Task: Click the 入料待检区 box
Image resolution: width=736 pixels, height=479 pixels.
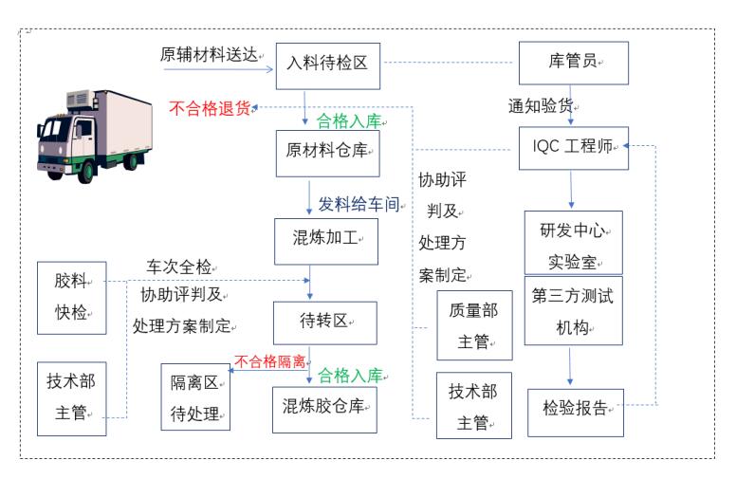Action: (x=327, y=66)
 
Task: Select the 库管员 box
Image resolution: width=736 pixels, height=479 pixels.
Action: (x=574, y=63)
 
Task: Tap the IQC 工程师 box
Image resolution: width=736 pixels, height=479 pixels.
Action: (x=574, y=148)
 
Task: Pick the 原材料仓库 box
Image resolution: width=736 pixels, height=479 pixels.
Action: (x=327, y=154)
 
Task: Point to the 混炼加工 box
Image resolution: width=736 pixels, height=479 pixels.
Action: (x=326, y=241)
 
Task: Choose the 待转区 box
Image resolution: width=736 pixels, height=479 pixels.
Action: (x=325, y=323)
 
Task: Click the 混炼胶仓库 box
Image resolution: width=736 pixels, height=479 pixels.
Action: (x=324, y=410)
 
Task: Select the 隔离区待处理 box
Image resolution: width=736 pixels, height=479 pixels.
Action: (x=195, y=396)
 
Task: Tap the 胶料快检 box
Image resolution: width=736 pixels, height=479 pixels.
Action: (x=72, y=298)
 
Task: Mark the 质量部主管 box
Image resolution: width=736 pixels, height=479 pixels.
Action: (x=474, y=325)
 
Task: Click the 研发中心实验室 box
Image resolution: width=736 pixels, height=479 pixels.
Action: (x=574, y=243)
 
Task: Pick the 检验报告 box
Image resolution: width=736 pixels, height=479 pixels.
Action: (x=576, y=413)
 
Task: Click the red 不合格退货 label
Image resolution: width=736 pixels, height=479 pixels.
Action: (x=210, y=108)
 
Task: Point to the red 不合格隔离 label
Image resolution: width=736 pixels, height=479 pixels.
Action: (x=270, y=361)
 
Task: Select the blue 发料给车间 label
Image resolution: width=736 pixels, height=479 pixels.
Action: (x=359, y=204)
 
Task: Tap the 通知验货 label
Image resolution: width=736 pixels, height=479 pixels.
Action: (x=541, y=105)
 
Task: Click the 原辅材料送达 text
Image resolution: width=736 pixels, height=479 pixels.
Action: (x=210, y=55)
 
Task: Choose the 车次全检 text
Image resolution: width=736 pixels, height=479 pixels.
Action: (x=179, y=267)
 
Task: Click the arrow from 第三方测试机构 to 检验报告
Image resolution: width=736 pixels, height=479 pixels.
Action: (x=570, y=366)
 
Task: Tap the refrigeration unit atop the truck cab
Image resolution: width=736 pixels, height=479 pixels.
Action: (x=80, y=99)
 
